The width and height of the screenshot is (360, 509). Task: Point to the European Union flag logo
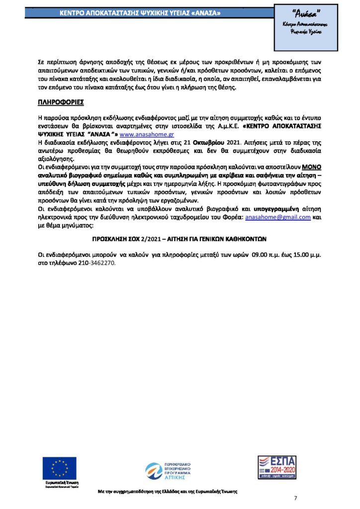pos(60,469)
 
